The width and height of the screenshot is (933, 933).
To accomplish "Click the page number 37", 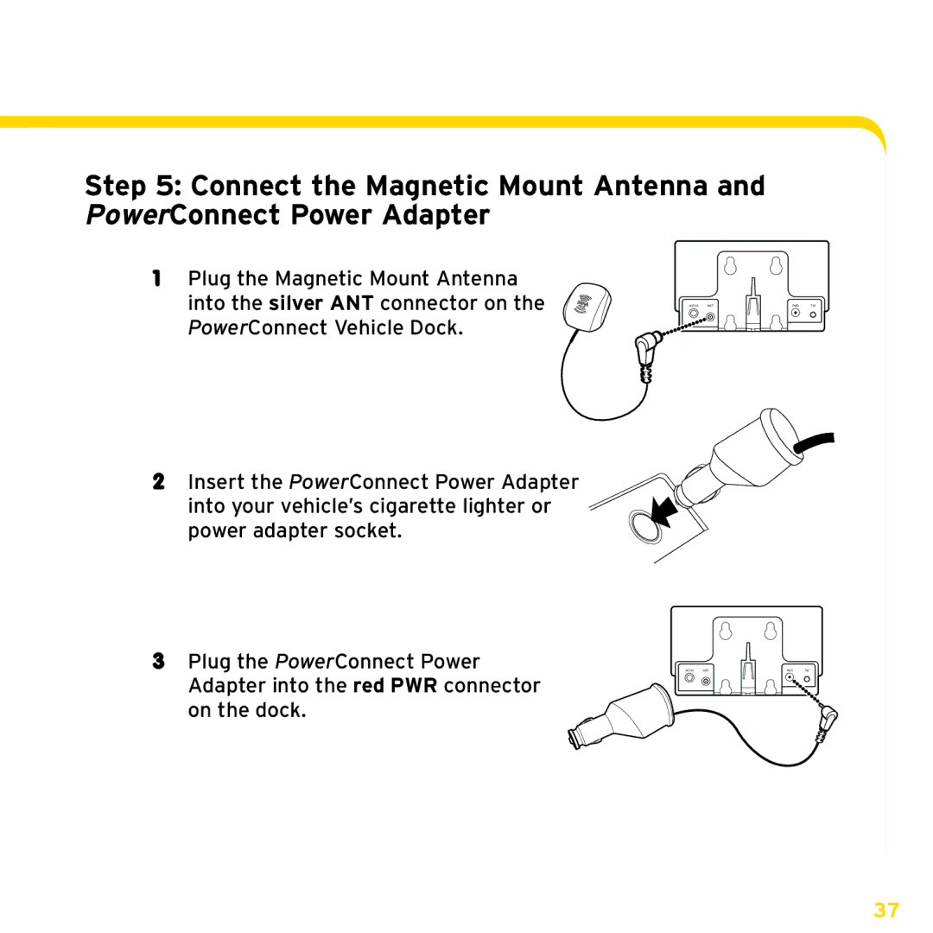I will pos(886,911).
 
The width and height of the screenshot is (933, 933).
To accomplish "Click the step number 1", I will pos(157,278).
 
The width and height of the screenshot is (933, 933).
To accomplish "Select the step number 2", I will pos(158,481).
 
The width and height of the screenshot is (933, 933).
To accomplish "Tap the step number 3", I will pos(158,662).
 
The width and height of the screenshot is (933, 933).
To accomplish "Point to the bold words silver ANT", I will pos(321,303).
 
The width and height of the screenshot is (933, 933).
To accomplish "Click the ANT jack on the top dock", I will pos(710,317).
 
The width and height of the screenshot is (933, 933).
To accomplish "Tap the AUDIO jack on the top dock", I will pos(693,317).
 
